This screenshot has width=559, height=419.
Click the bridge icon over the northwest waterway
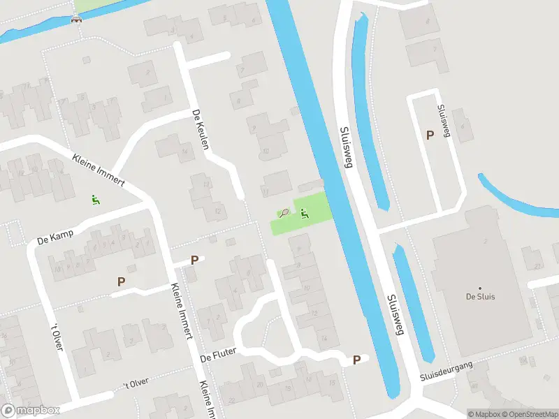tap(75, 19)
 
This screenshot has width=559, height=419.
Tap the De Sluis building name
tap(480, 296)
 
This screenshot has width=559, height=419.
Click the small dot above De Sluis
tap(480, 288)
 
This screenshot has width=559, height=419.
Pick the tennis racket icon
tap(284, 213)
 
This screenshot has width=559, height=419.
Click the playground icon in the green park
tap(305, 213)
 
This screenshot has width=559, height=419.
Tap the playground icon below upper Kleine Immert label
tap(95, 200)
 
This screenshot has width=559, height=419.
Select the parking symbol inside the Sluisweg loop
tap(429, 135)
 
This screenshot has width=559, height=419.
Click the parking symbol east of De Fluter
tap(357, 360)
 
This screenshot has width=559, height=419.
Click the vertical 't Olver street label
tap(58, 337)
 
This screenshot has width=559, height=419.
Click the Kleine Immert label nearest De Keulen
tap(98, 170)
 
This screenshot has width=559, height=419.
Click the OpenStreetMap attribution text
tap(528, 414)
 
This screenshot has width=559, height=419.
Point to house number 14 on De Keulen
tap(184, 152)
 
